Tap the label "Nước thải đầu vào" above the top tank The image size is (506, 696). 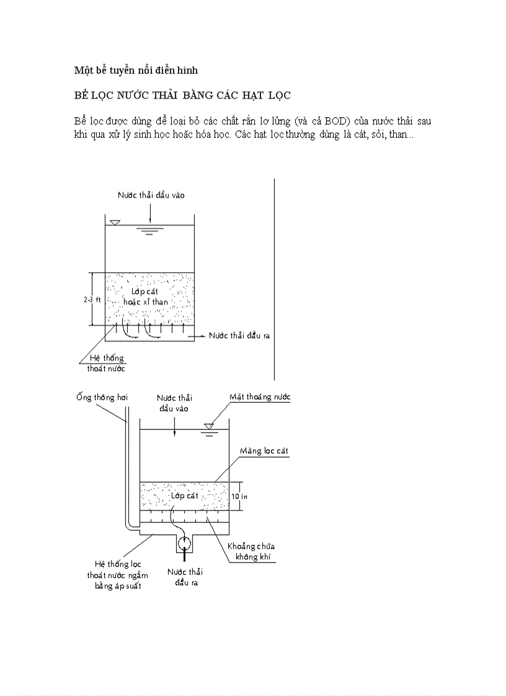click(x=151, y=195)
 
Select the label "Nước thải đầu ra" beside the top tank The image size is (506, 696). click(x=239, y=335)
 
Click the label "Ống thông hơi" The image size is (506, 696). click(x=102, y=397)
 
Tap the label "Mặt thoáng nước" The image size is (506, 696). click(x=260, y=397)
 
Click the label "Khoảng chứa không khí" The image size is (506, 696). click(x=250, y=552)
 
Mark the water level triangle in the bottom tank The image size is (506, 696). click(x=210, y=426)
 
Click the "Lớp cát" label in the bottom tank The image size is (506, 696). click(x=184, y=496)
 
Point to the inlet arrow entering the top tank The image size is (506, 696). click(x=151, y=214)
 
